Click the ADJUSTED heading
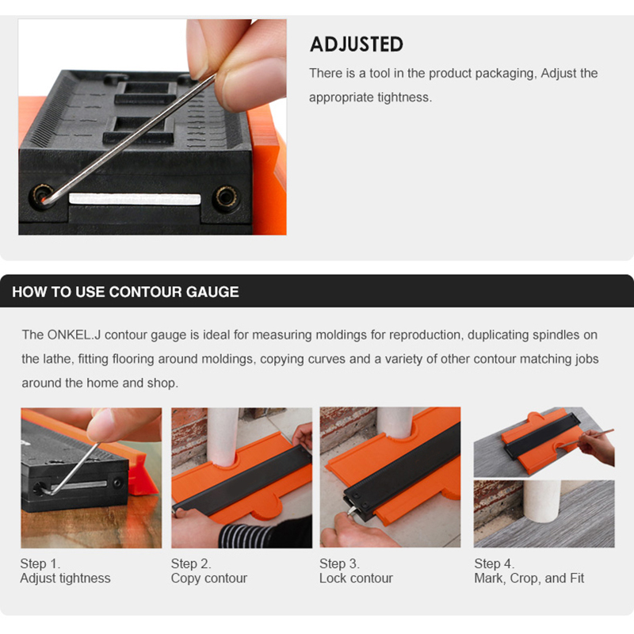click(x=356, y=44)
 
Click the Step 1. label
click(x=40, y=563)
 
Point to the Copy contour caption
click(x=209, y=579)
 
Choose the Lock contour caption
click(x=356, y=579)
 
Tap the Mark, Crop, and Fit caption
click(x=529, y=579)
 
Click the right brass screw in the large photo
click(x=225, y=197)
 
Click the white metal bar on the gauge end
click(x=135, y=199)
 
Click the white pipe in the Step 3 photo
click(x=395, y=423)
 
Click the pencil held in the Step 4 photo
click(x=587, y=437)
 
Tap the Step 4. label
click(x=494, y=563)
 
